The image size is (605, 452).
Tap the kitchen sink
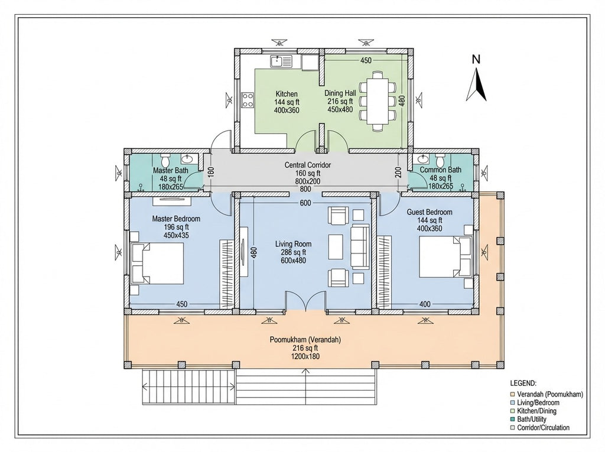[x=281, y=61]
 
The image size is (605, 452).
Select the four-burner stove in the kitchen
[x=248, y=100]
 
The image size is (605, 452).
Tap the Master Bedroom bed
[x=157, y=264]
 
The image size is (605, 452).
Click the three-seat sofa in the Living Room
[x=360, y=248]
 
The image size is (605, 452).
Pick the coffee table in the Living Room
[x=336, y=247]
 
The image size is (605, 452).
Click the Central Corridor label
[x=307, y=165]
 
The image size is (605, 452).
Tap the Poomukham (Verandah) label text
[x=305, y=340]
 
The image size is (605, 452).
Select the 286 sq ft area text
[x=293, y=252]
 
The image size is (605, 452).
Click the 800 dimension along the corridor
[x=305, y=189]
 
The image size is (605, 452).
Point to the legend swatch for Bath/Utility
[x=512, y=419]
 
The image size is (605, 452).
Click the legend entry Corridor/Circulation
[x=544, y=428]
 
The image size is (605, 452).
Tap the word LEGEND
[x=523, y=383]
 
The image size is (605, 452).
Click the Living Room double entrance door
[x=305, y=301]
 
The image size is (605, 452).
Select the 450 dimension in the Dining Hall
[x=366, y=60]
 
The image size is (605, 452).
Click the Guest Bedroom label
[x=430, y=212]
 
